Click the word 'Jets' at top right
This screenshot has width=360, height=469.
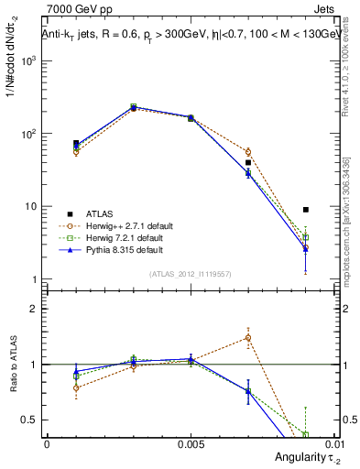[328, 10]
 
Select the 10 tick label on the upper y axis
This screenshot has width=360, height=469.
[33, 206]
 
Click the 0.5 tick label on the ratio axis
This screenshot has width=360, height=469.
[31, 420]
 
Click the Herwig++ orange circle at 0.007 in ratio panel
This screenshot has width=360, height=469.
[248, 338]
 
